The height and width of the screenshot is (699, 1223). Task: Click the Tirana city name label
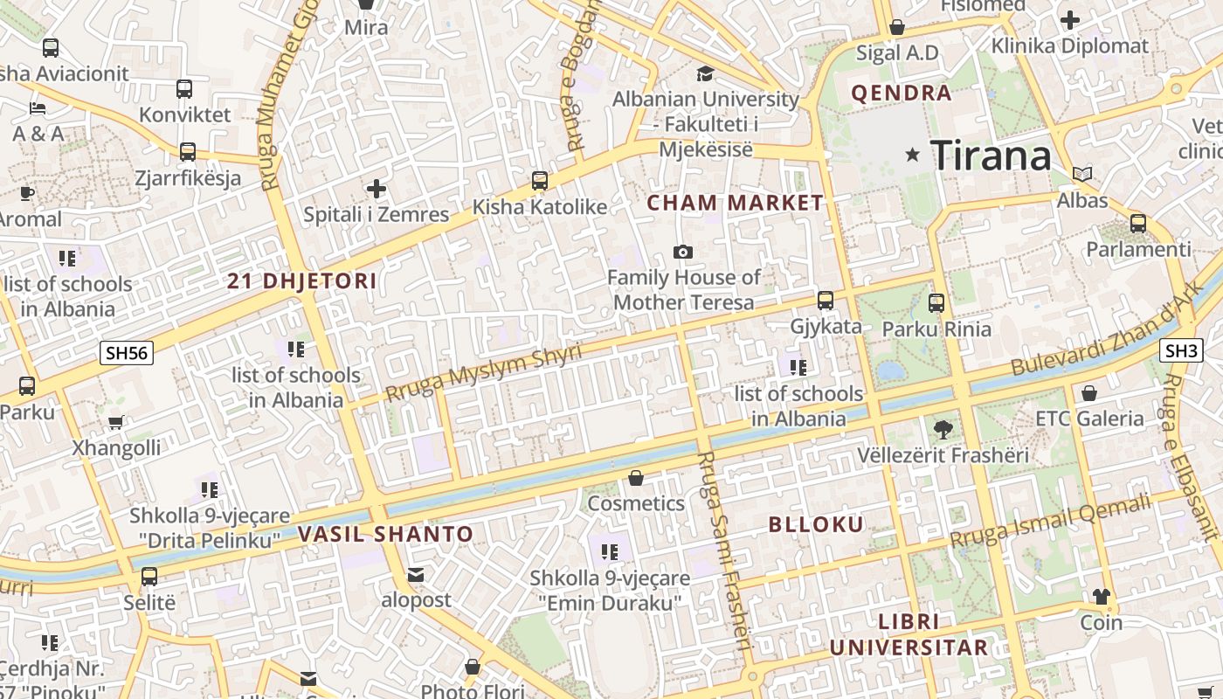click(991, 156)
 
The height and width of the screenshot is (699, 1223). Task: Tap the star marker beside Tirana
click(913, 155)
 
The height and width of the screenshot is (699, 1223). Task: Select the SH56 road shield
click(127, 353)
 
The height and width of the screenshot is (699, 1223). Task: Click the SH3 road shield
click(1181, 351)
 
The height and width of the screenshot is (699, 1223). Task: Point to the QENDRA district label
click(902, 93)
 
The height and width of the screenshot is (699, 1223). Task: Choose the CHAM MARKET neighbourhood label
click(735, 204)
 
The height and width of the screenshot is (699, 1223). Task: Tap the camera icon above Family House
click(683, 252)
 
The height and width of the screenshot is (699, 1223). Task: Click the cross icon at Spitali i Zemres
click(377, 189)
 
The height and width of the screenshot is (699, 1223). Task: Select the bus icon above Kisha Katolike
click(540, 181)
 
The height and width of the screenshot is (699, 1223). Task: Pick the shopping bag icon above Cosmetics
click(636, 478)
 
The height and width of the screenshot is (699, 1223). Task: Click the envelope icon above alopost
click(416, 575)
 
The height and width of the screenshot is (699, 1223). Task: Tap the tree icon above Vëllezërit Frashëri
click(943, 429)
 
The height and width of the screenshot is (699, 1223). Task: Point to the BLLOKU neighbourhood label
click(816, 525)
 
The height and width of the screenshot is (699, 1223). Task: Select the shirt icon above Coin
click(1101, 597)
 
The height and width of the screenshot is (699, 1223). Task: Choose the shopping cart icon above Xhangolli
click(116, 423)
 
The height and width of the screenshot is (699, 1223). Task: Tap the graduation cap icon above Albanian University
click(705, 74)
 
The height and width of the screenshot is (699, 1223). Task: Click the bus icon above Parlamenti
click(1137, 224)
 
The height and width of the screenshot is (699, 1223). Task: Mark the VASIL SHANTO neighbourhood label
click(385, 535)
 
